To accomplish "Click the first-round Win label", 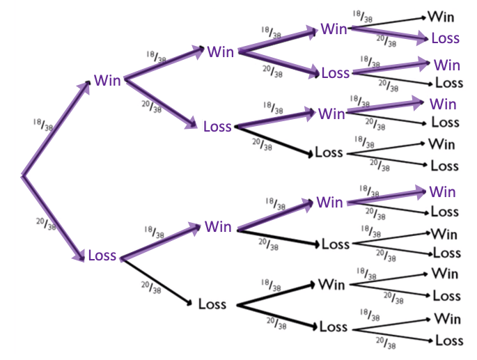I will [107, 80].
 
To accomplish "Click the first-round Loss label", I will [102, 256].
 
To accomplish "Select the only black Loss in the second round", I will [212, 304].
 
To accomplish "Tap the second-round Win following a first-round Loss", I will [218, 227].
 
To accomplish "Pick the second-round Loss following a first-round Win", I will [217, 127].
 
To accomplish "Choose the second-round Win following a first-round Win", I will [220, 52].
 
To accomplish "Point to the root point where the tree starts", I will [23, 175].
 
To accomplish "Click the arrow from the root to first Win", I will [56, 129].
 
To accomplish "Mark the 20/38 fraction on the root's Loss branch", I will [43, 224].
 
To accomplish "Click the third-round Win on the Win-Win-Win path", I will [334, 29].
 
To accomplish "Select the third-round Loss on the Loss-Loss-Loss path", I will [333, 327].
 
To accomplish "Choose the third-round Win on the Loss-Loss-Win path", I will [331, 284].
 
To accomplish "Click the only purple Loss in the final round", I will [445, 38].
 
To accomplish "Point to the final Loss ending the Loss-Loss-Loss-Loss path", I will [448, 341].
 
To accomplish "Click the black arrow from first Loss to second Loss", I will [157, 281].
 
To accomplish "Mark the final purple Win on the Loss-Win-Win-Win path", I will [442, 191].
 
